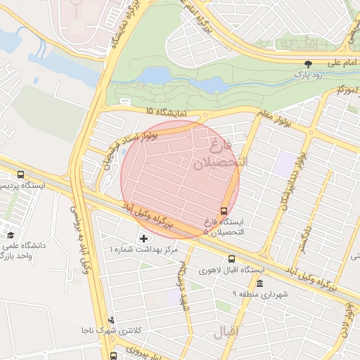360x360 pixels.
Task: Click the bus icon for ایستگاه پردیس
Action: click(x=20, y=174)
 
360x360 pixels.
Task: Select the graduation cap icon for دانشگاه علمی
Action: click(x=11, y=236)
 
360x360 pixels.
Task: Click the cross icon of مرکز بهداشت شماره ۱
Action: click(x=144, y=239)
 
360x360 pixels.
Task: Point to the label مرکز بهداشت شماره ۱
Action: click(x=144, y=250)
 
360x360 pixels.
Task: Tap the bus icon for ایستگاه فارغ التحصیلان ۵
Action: click(x=224, y=210)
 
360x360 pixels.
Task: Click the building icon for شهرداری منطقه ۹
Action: click(x=260, y=283)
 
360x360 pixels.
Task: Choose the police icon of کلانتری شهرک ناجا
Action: click(x=111, y=320)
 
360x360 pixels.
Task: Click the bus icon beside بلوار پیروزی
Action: click(x=114, y=356)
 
